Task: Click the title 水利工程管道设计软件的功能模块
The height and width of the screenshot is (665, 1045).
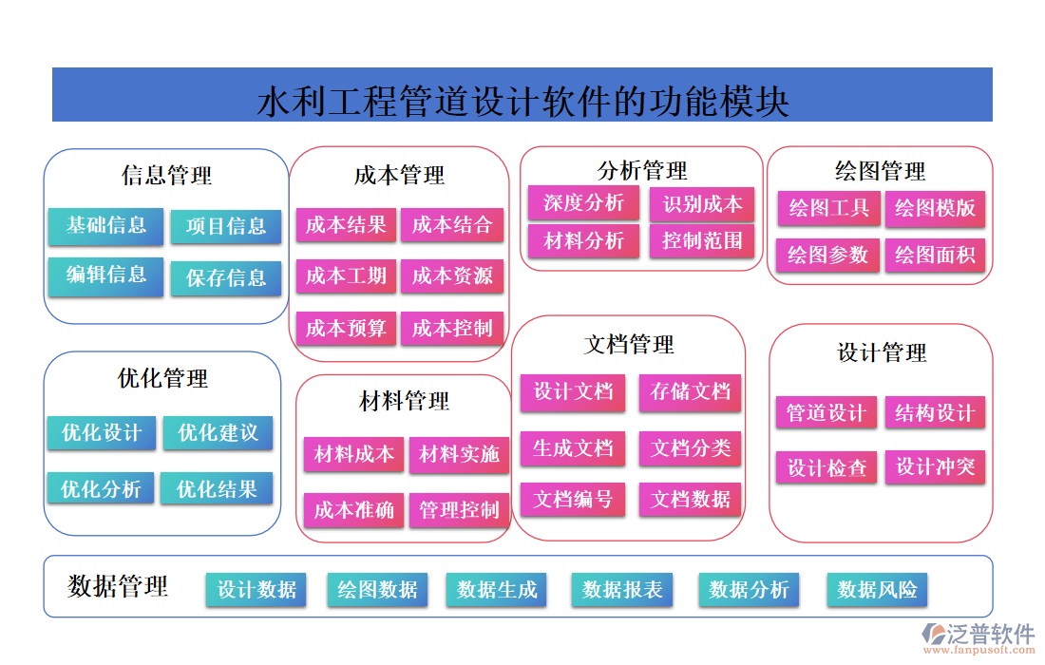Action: coord(522,100)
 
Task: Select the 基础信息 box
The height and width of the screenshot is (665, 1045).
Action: coord(105,225)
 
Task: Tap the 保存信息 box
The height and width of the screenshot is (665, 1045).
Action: coord(226,278)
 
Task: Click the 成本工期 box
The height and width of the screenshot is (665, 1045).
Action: coord(346,276)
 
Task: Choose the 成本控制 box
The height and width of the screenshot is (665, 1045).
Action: coord(452,329)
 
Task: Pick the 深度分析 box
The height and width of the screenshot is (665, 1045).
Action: coord(583,202)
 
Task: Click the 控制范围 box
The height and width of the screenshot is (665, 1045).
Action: coord(702,240)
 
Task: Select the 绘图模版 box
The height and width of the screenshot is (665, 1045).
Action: coord(935,208)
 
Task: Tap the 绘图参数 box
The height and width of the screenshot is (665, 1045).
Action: coord(827,255)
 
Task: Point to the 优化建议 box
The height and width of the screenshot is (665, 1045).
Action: coord(218,433)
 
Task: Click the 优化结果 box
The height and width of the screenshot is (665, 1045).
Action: coord(217,489)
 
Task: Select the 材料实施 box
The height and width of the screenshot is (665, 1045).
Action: coord(460,455)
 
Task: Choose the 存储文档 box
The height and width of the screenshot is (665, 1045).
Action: coord(691,391)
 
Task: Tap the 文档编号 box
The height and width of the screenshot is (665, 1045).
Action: coord(573,499)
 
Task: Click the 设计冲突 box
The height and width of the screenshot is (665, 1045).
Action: coord(935,466)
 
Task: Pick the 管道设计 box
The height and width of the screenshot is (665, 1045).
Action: coord(826,413)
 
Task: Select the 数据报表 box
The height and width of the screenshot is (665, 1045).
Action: coord(622,590)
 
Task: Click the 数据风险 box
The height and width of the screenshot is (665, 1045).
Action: coord(877,590)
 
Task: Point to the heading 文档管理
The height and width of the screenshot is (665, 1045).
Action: coord(629,344)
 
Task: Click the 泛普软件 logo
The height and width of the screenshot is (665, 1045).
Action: coord(978,636)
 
